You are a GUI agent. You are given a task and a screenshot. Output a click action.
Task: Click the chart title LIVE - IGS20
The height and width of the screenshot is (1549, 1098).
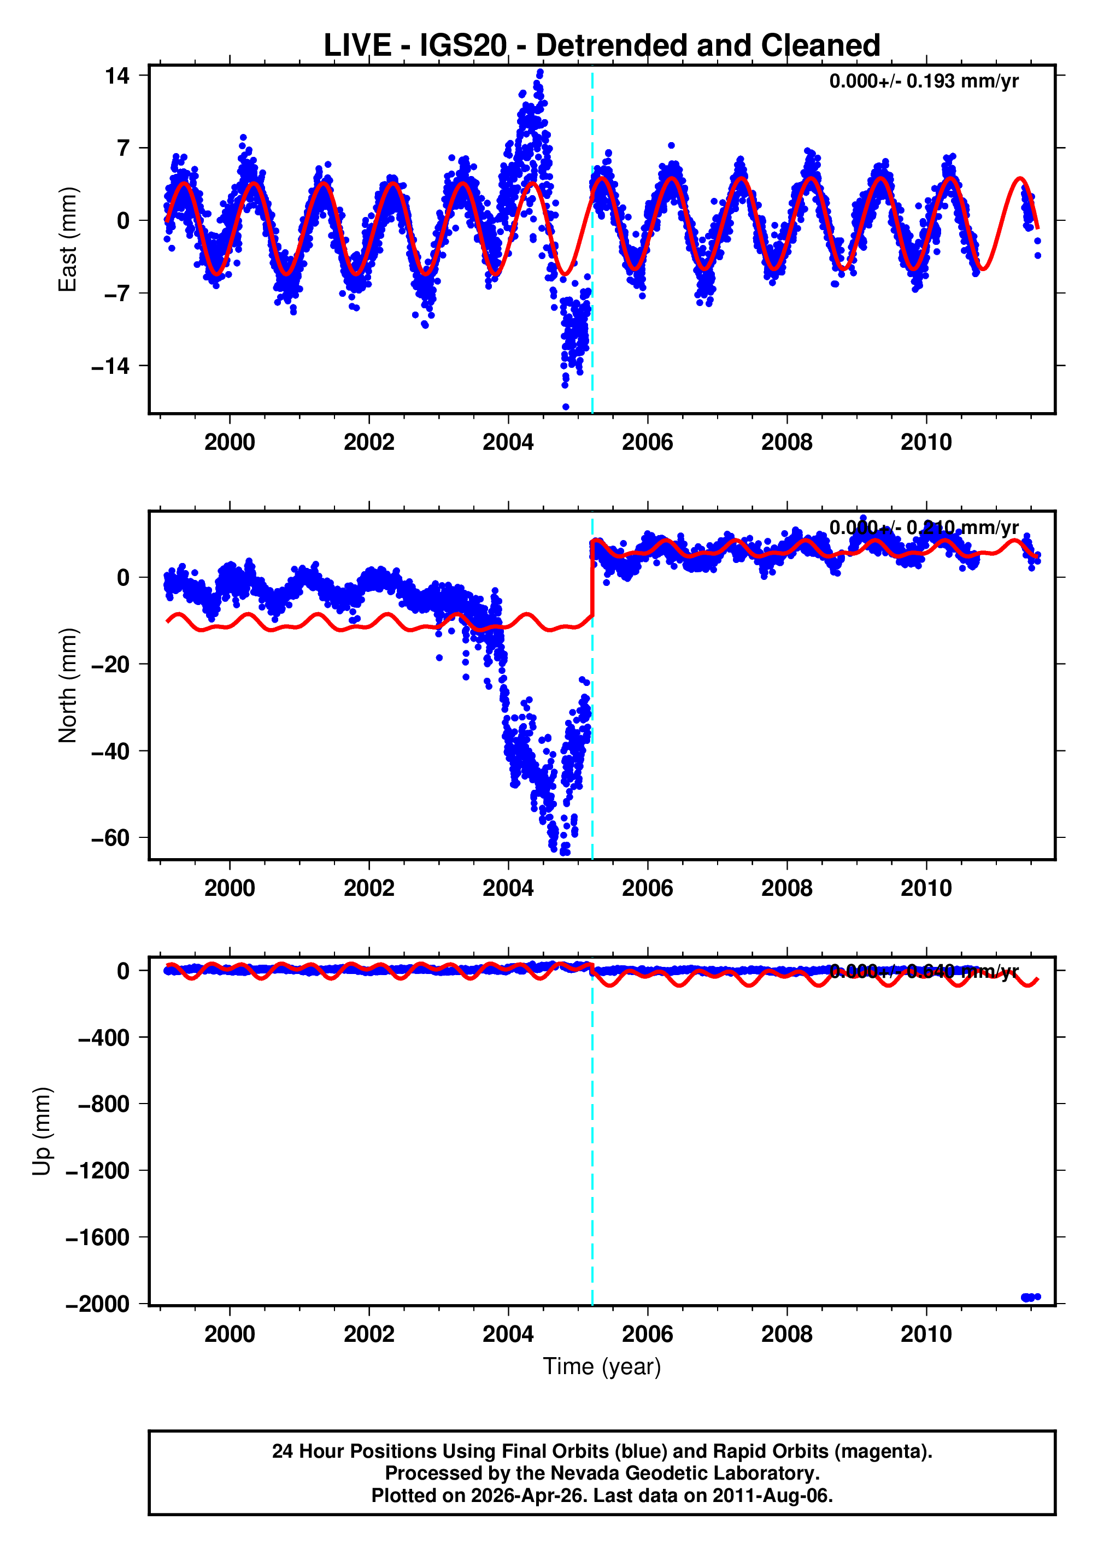601,45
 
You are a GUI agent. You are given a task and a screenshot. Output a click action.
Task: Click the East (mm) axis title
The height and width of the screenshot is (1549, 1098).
68,239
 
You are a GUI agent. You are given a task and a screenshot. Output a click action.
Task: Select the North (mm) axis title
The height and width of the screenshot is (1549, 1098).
68,685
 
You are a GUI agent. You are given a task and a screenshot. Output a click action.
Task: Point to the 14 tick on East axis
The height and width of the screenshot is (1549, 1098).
116,76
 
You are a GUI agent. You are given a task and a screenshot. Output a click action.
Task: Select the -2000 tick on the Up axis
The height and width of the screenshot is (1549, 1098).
97,1304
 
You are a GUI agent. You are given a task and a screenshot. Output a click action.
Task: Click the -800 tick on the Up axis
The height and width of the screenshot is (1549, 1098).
103,1104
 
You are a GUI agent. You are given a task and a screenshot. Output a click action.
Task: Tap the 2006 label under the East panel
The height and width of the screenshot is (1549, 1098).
647,442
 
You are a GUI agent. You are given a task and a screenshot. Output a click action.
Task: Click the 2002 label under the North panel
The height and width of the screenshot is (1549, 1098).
368,888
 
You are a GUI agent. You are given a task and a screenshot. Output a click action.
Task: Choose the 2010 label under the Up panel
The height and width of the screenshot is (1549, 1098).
926,1334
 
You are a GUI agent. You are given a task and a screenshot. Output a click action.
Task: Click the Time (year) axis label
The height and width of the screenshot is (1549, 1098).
601,1366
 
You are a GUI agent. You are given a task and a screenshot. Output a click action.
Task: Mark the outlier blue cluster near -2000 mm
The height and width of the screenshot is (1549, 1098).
1030,1297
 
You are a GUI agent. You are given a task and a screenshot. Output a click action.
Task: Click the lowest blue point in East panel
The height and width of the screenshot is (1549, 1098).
565,406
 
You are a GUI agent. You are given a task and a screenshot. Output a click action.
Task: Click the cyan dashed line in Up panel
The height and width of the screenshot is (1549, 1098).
592,1149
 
